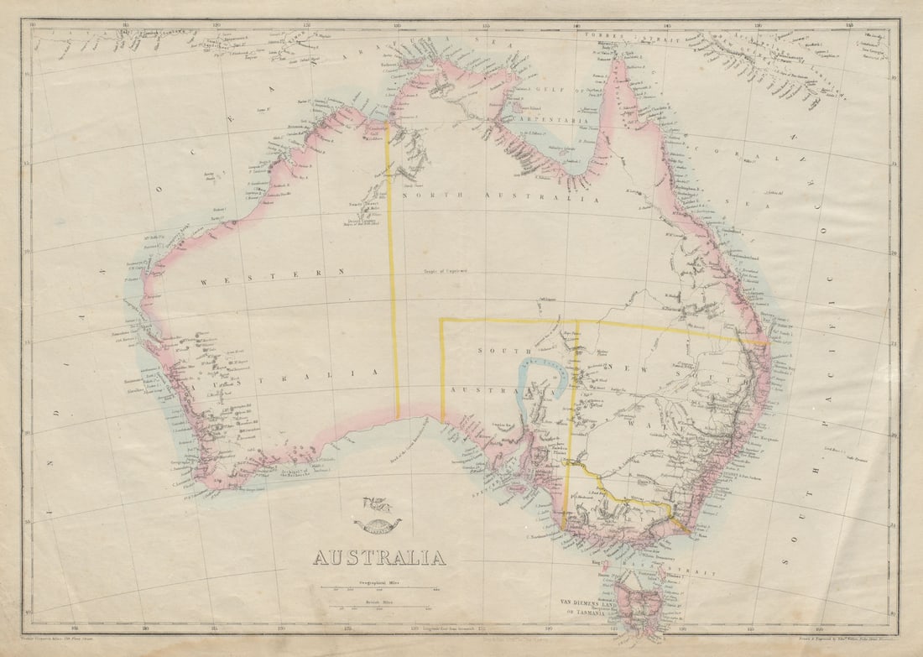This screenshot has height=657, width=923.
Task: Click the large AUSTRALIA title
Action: tap(379, 557)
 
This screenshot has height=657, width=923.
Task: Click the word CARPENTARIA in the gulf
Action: tap(542, 121)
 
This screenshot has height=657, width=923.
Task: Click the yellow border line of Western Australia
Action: tap(392, 277)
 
